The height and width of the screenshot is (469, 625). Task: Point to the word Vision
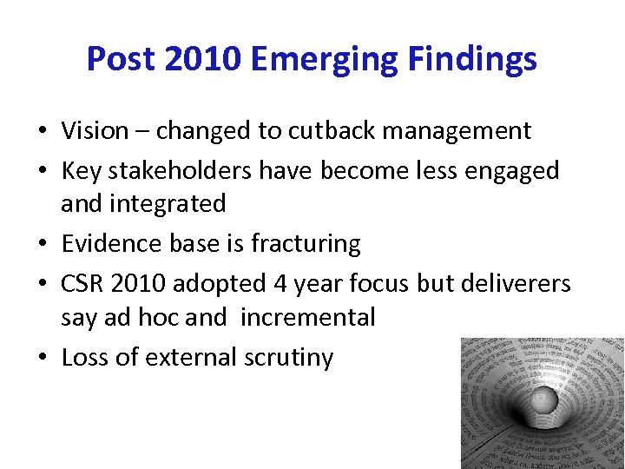tap(95, 131)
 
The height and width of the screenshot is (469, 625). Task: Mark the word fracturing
tap(306, 244)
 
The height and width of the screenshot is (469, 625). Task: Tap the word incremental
tap(307, 318)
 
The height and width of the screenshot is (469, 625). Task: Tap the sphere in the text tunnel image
tap(543, 400)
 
